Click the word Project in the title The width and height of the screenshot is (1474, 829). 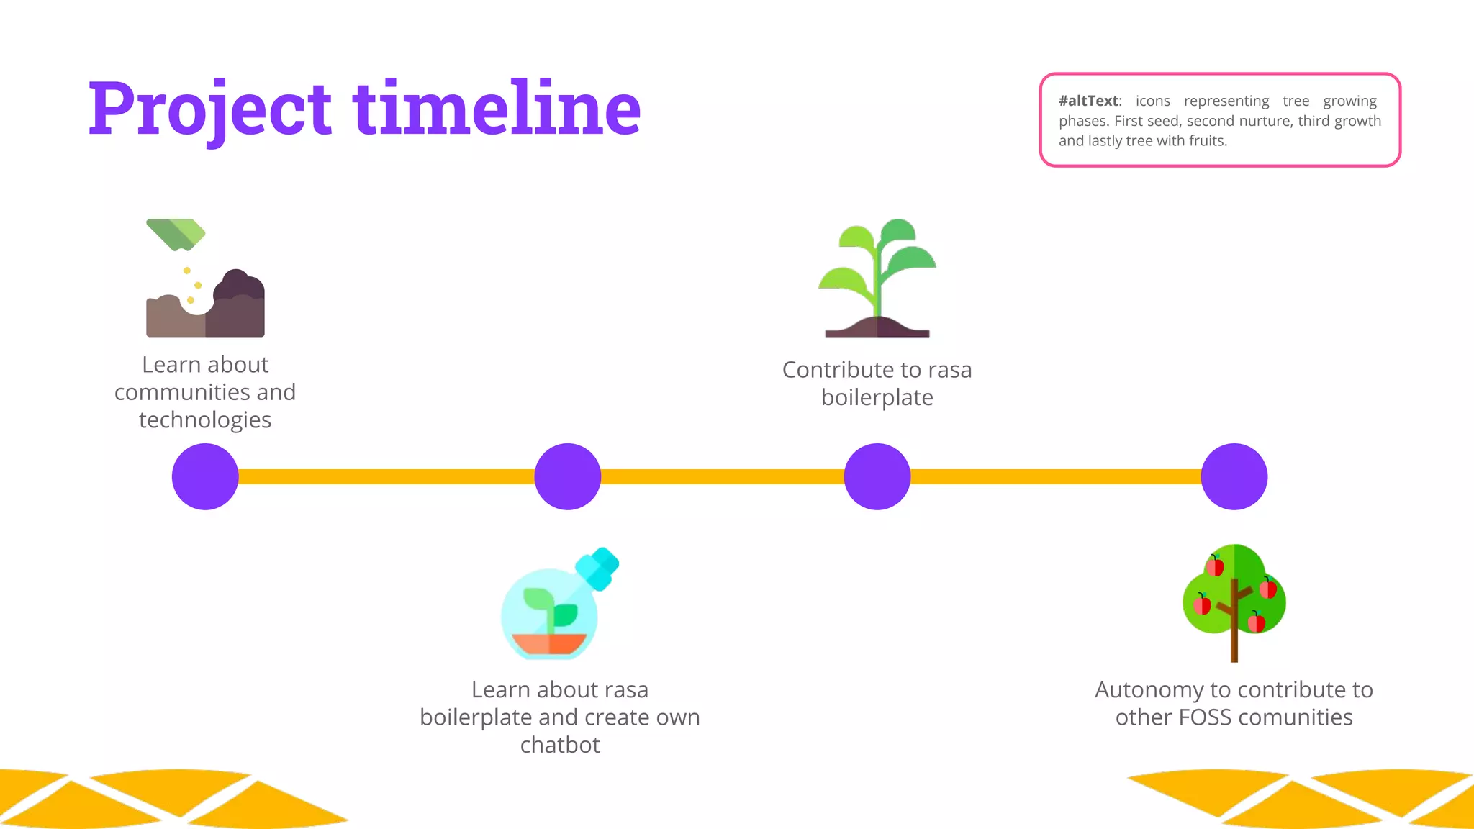[x=209, y=109]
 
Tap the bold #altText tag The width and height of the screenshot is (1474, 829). [x=1089, y=101]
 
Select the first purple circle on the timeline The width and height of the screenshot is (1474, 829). [x=205, y=476]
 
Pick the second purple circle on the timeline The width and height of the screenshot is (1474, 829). [x=567, y=476]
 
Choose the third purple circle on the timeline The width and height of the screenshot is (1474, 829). [x=877, y=476]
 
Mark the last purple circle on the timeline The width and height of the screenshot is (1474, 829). [x=1234, y=476]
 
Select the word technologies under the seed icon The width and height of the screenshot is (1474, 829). [x=205, y=420]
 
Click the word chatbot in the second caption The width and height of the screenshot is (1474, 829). [x=560, y=745]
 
